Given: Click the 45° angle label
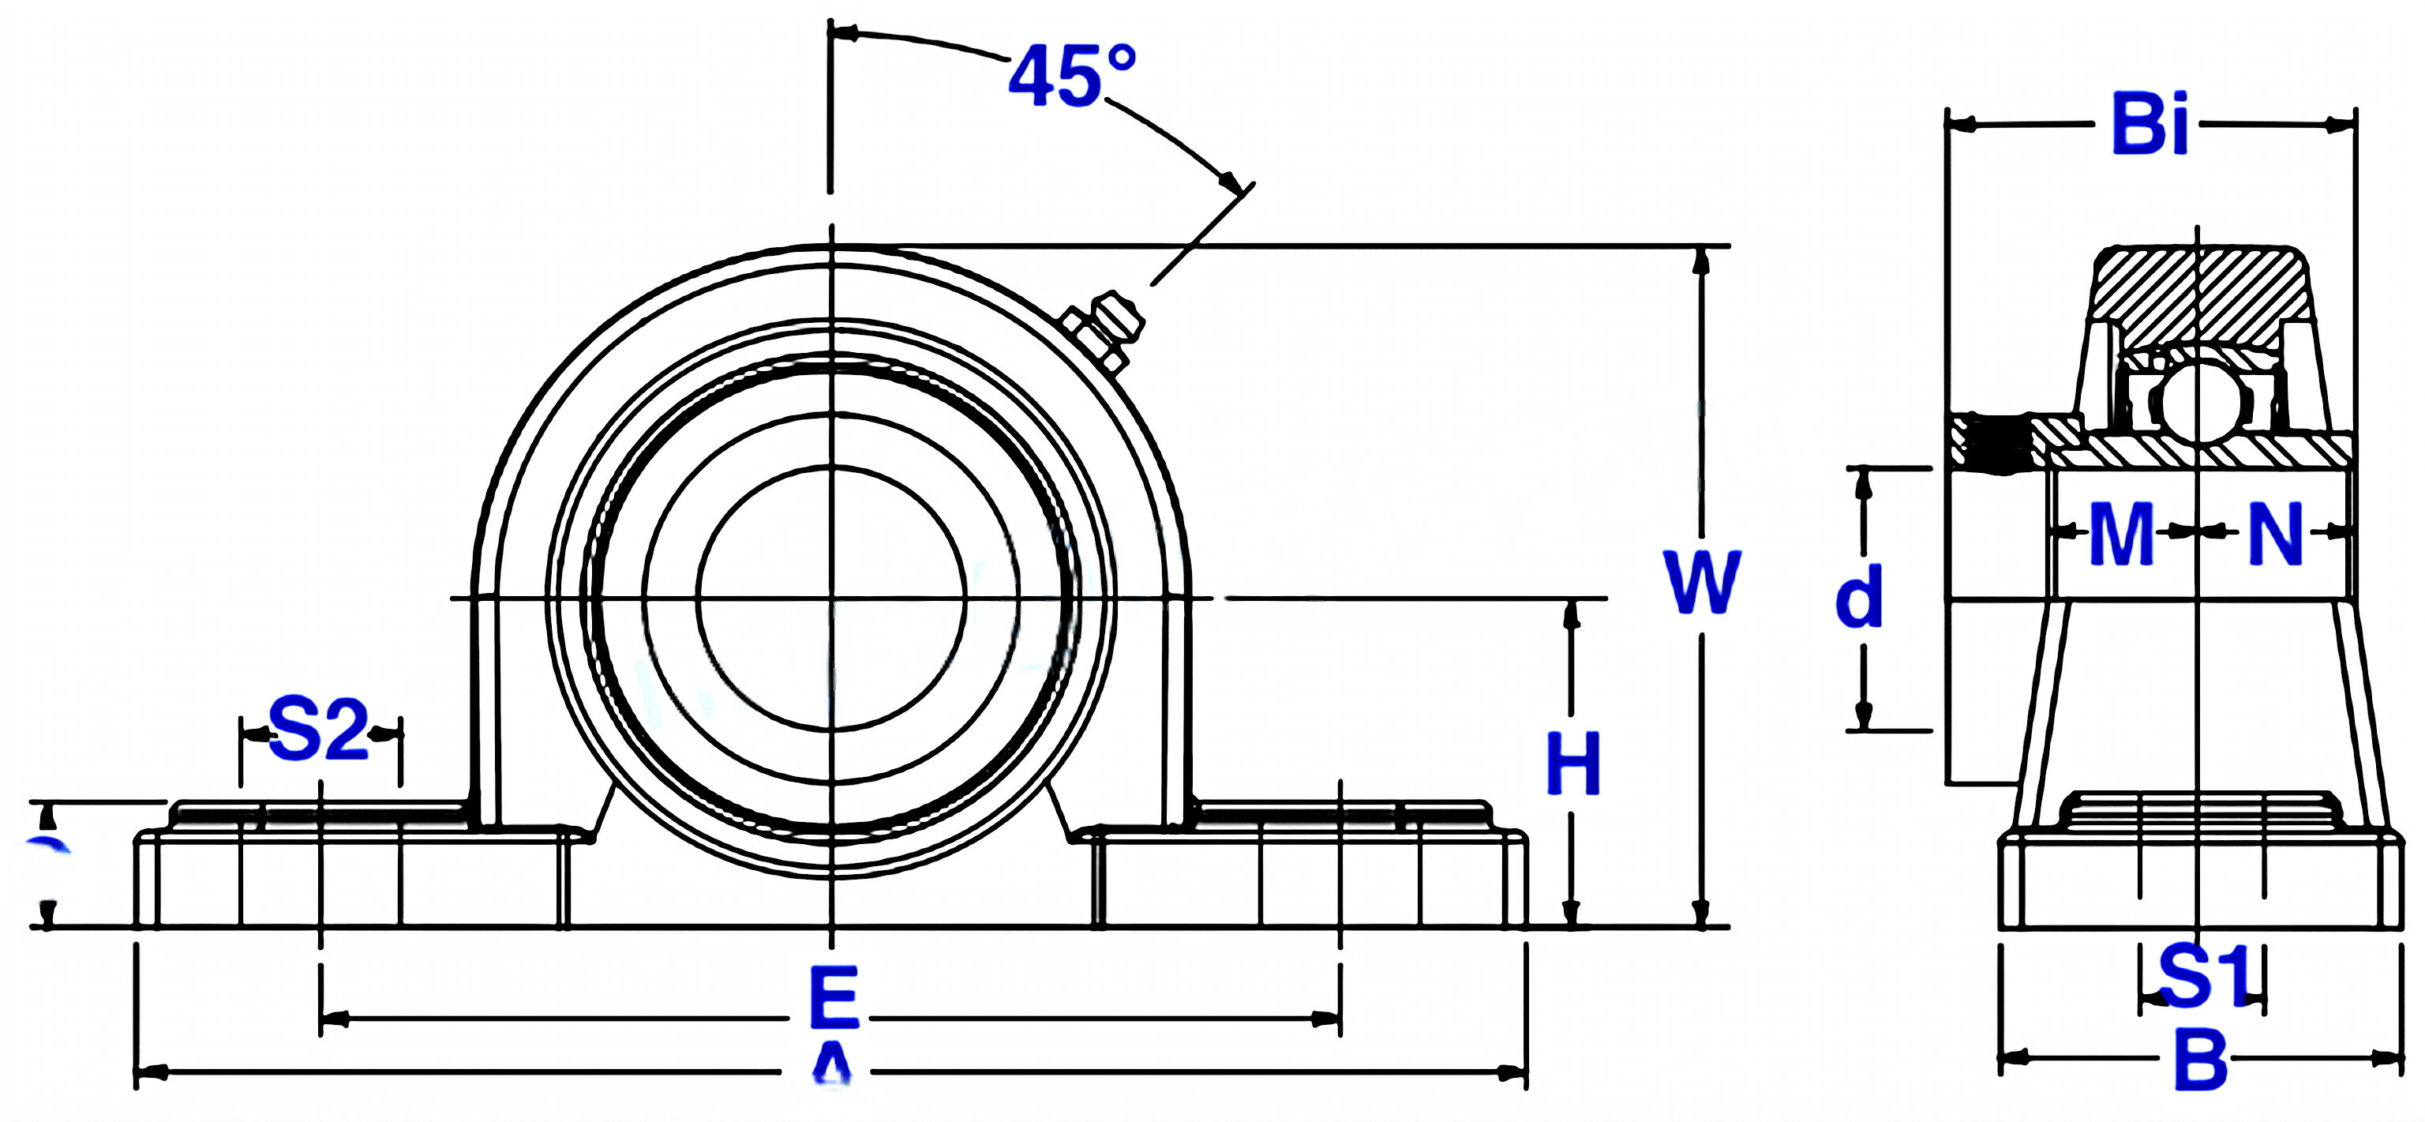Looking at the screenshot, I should coord(1071,77).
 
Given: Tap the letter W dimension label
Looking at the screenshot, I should coord(1702,583).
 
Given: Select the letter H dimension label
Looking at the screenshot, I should coord(1573,764).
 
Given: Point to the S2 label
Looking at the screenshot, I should coord(318,730).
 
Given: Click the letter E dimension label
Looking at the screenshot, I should coord(834,998).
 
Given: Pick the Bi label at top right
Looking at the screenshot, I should coord(2150,124).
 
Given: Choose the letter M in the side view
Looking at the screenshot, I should coord(2121,535).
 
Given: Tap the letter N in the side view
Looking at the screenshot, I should coord(2275,535).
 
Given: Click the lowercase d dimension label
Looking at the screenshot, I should coord(1859,597).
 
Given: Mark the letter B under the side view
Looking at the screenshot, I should coord(2201,1060).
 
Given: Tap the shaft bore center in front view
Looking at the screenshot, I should coord(831,598).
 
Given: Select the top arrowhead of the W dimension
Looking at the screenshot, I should coord(1700,259).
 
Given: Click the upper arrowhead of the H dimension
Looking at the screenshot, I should coord(1570,612).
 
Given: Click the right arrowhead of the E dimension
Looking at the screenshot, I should coord(1327,1019).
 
